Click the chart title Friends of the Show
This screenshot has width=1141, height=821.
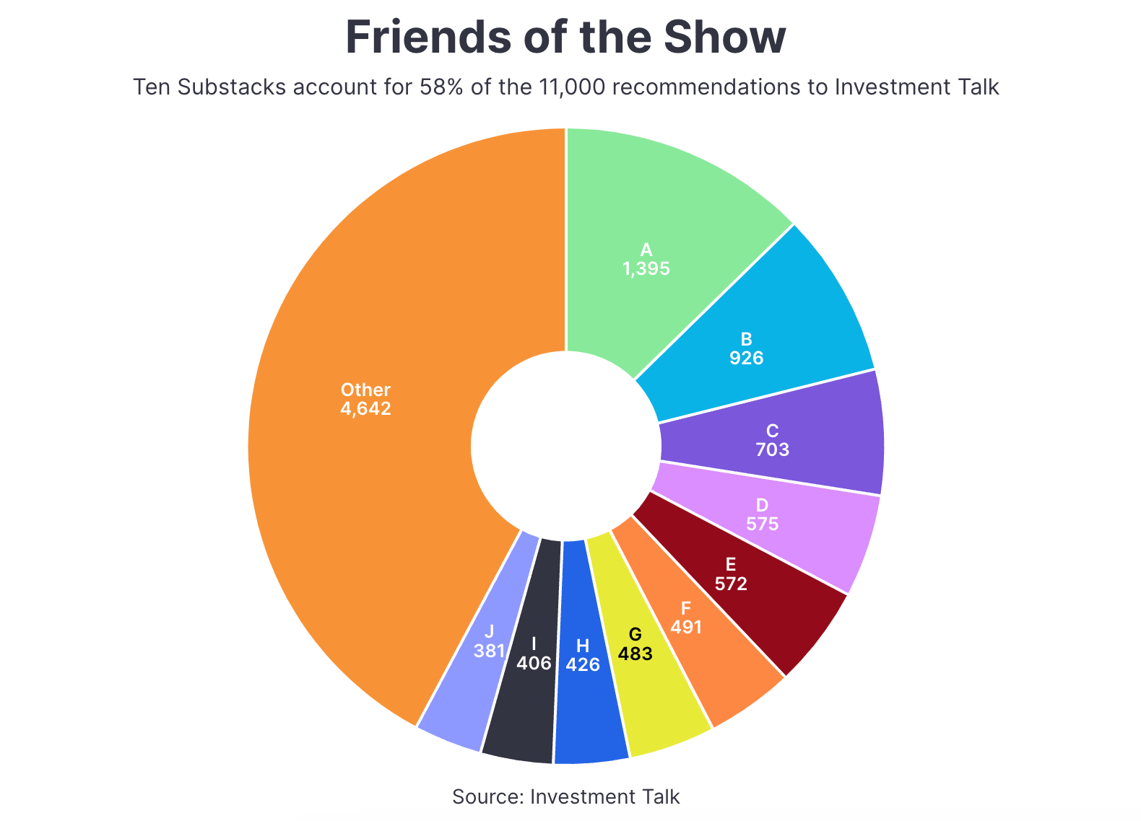click(565, 38)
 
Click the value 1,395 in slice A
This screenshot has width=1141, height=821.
click(646, 270)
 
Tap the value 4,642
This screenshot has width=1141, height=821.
click(365, 409)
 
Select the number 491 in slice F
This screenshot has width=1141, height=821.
click(686, 628)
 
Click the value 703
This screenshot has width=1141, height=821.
click(772, 450)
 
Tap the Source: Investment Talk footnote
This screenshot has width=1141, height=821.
click(565, 797)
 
